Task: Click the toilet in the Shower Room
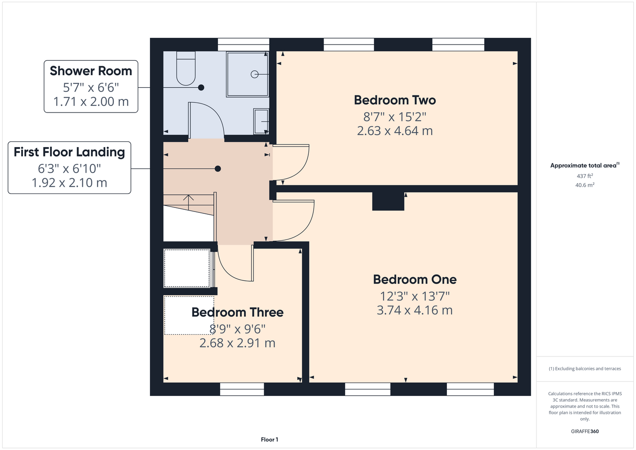coord(186,68)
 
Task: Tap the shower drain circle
coord(254,74)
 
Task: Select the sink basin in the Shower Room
coord(261,121)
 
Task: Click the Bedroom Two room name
coord(395,100)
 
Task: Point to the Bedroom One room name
coord(415,279)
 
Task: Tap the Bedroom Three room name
coord(237,312)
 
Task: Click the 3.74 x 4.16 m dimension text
coord(415,310)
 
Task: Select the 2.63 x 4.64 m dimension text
coord(395,131)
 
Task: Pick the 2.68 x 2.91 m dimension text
coord(237,343)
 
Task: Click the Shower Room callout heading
coord(91,71)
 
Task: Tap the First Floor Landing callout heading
coord(69,152)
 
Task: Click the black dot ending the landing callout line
coord(218,169)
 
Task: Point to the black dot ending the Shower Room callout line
coord(201,87)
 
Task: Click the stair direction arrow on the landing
coord(188,202)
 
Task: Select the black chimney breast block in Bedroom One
coord(388,201)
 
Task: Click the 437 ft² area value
coord(585,176)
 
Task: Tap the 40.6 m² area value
coord(585,185)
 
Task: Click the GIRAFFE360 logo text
coord(585,431)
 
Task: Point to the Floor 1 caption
coord(270,440)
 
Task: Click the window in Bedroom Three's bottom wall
coord(242,389)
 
